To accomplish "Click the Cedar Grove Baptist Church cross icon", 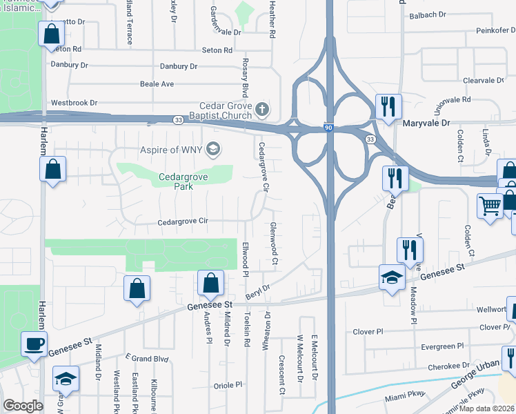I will pos(261,109).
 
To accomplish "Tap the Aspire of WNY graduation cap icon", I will pos(213,148).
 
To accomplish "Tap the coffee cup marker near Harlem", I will pos(34,344).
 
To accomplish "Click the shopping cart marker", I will pos(490,206).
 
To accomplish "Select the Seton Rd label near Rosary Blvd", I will pos(217,50).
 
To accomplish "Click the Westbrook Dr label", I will pos(74,103).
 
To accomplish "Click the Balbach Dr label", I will pos(433,15).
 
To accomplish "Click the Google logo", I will pos(23,406).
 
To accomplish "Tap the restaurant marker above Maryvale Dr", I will pos(387,106).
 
